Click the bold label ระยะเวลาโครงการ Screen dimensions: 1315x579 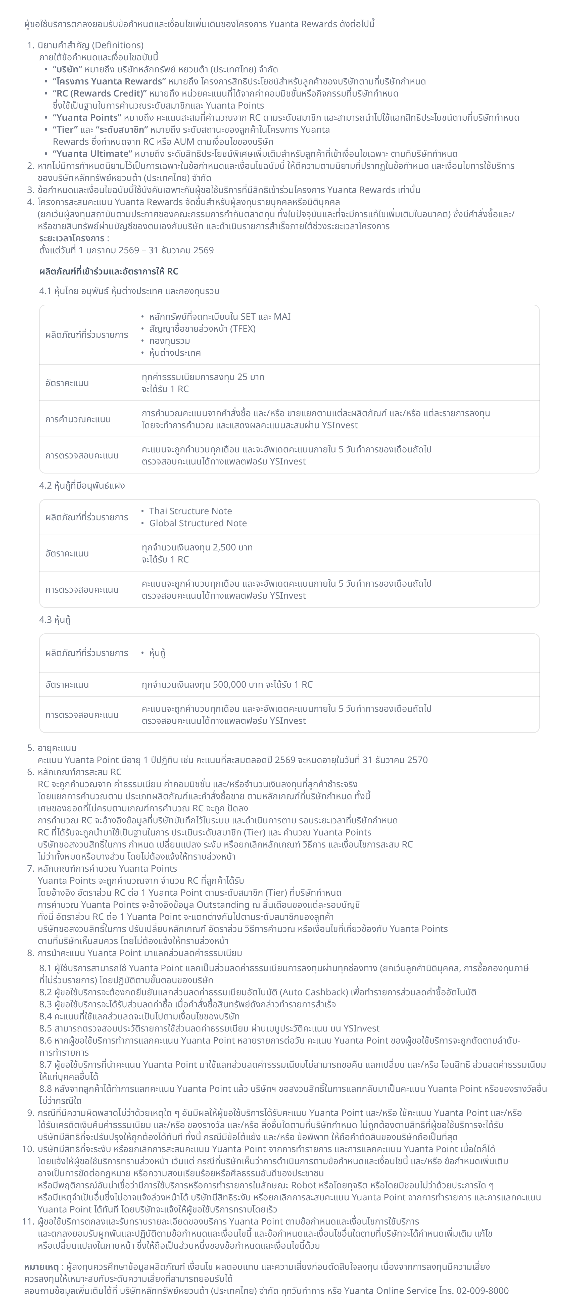click(x=71, y=239)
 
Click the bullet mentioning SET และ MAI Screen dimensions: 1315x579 click(x=220, y=316)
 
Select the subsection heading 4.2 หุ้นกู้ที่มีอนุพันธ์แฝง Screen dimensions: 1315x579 click(x=82, y=486)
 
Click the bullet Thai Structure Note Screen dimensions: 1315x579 click(x=190, y=511)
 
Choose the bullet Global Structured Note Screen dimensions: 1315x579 click(x=198, y=523)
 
